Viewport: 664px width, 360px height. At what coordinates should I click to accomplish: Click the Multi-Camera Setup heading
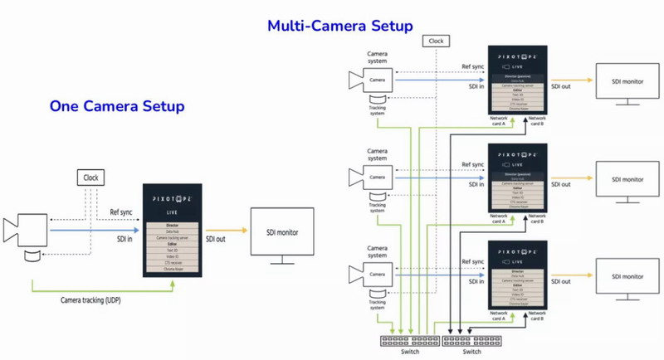click(x=339, y=26)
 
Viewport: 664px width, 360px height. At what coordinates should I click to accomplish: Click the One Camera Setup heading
click(x=117, y=107)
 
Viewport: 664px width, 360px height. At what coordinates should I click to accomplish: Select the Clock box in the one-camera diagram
click(x=90, y=177)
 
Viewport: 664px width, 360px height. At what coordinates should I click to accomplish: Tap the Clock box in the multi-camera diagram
click(x=435, y=41)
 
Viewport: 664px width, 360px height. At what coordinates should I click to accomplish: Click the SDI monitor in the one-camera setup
click(x=281, y=236)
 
